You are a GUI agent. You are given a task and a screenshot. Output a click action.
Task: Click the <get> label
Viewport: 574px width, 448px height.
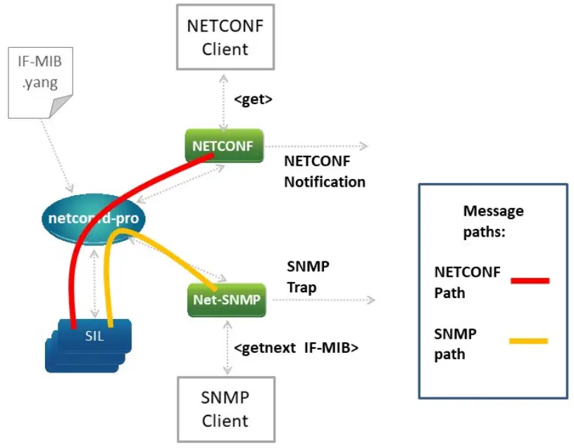pos(253,99)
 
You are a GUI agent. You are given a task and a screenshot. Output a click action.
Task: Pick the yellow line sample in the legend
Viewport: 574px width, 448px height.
pos(528,342)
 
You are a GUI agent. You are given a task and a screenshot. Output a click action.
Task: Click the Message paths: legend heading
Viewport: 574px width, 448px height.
pos(493,221)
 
